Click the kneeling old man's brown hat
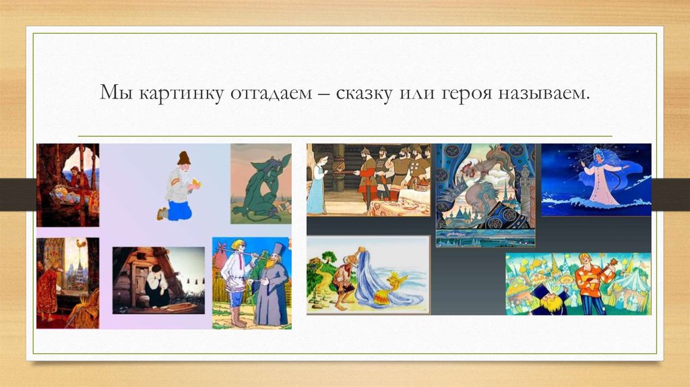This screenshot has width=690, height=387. click(183, 158)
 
